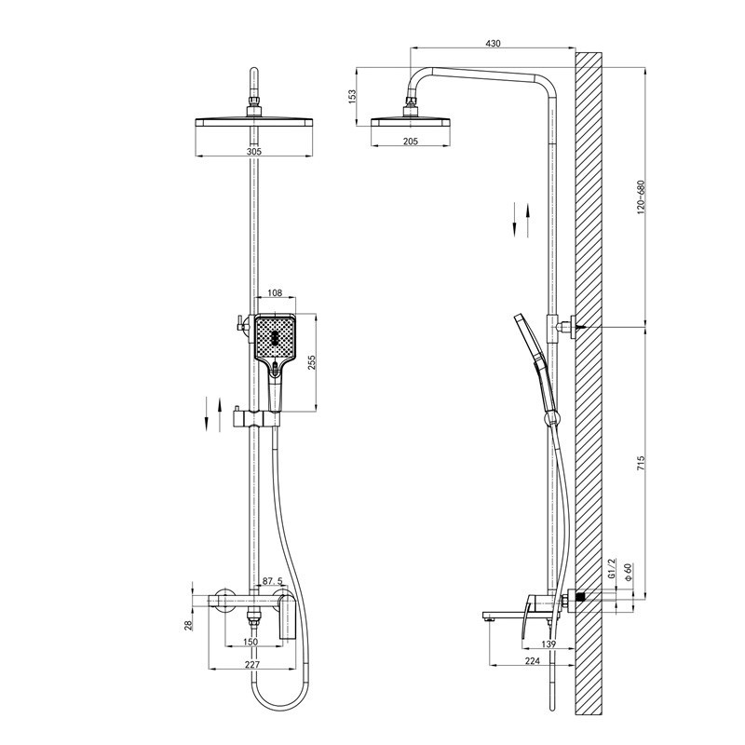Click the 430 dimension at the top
click(x=493, y=43)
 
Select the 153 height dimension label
click(x=352, y=97)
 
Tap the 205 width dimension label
click(x=410, y=142)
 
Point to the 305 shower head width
click(x=254, y=152)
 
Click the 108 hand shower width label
click(x=275, y=293)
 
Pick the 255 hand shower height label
click(x=312, y=362)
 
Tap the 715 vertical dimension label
click(x=640, y=463)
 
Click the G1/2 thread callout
click(x=612, y=568)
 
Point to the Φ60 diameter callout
click(x=628, y=572)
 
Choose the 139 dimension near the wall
click(x=549, y=643)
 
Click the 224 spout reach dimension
click(x=533, y=660)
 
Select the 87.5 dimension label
click(x=272, y=581)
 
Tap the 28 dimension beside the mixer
click(x=188, y=625)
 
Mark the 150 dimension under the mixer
click(x=250, y=642)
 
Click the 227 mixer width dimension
click(x=252, y=665)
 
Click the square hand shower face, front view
click(x=275, y=339)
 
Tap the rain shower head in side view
click(x=410, y=122)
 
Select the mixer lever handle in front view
click(x=288, y=616)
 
